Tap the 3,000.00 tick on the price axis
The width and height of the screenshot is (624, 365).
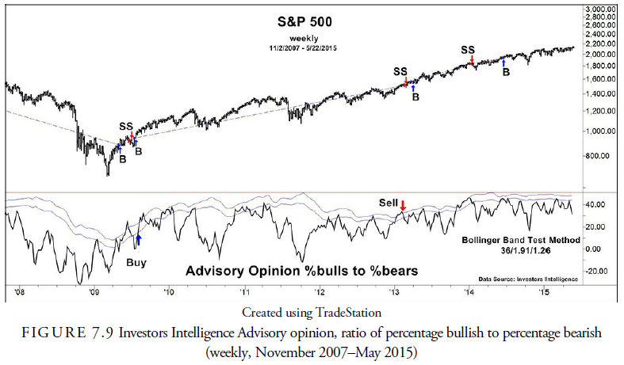click(600, 9)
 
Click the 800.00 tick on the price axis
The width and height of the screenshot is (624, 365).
click(597, 156)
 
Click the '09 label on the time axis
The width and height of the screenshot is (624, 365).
click(94, 292)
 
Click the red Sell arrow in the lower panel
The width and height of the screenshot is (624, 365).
click(403, 207)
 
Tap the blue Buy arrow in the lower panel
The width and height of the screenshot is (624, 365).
click(139, 237)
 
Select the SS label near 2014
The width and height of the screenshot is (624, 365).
click(469, 49)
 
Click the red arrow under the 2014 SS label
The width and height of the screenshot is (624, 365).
click(472, 59)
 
